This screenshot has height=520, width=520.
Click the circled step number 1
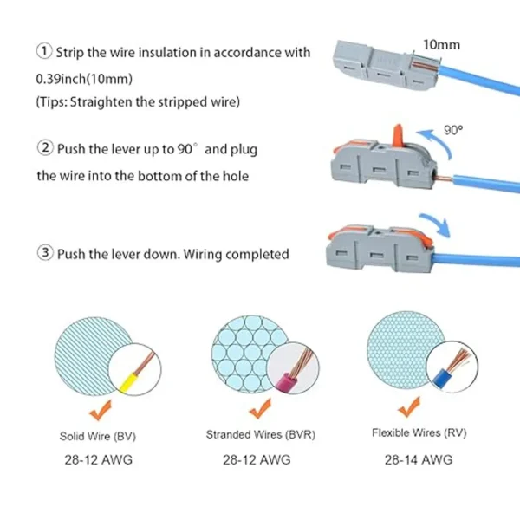(43, 51)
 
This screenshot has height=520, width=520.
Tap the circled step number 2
(45, 148)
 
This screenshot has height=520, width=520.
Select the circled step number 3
(45, 253)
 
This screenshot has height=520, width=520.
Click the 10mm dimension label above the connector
(441, 45)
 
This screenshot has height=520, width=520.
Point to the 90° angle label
(453, 130)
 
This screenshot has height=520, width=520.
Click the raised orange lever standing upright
(398, 135)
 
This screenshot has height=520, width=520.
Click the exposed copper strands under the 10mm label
(425, 65)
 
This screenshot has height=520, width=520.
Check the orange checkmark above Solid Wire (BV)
(101, 410)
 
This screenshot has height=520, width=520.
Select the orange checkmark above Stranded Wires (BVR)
(260, 408)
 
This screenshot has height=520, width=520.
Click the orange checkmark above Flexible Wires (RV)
(409, 406)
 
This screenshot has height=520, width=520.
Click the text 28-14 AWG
(419, 459)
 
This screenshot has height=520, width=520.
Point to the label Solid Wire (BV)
(98, 436)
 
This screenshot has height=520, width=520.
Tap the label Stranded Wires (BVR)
(261, 434)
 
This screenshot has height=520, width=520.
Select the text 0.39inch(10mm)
(84, 79)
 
